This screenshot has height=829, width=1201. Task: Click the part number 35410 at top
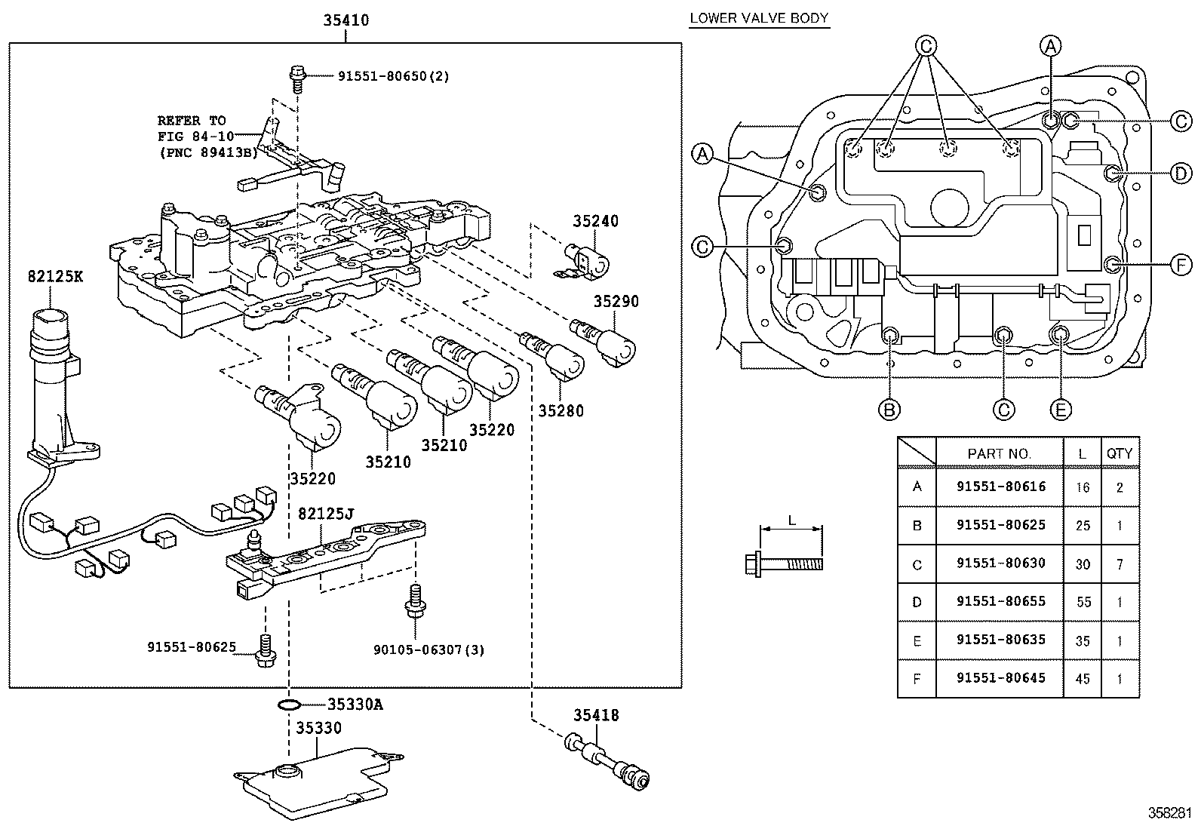(346, 20)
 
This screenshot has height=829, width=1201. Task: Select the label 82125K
(55, 276)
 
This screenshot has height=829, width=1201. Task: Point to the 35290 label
(616, 302)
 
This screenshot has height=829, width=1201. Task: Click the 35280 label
(561, 411)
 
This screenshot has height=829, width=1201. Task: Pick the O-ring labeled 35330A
(287, 705)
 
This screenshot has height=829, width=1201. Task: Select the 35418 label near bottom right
(596, 714)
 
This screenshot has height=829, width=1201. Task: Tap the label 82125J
(325, 514)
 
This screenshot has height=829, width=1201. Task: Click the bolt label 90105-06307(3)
(428, 649)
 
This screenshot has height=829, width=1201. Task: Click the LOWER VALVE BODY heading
(759, 18)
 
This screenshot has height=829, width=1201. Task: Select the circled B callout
(889, 410)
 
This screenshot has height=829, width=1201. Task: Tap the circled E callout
(1060, 410)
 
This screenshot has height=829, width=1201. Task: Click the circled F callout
(1181, 265)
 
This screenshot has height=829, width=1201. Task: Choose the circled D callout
(1181, 174)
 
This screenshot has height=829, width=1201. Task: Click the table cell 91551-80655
(1000, 601)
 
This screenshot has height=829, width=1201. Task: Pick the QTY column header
(1119, 453)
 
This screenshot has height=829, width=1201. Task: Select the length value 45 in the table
(1083, 679)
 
